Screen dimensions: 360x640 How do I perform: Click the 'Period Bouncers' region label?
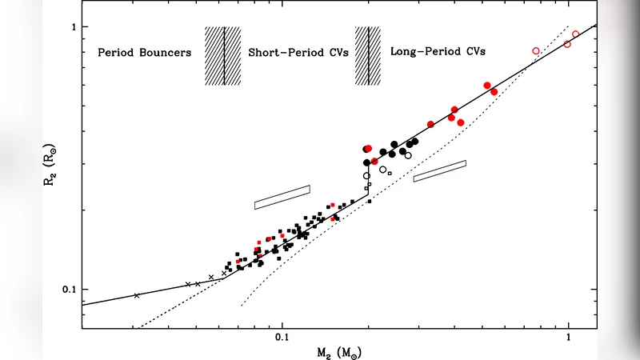click(x=144, y=54)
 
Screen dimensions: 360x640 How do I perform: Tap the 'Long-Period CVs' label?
click(x=438, y=51)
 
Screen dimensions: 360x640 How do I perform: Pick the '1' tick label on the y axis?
click(x=71, y=27)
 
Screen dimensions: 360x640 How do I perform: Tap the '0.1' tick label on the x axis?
click(x=282, y=337)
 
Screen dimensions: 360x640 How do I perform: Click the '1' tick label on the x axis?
click(x=568, y=337)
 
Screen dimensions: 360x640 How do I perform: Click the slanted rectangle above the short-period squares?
click(x=282, y=197)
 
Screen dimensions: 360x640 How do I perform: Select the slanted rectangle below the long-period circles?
click(x=439, y=171)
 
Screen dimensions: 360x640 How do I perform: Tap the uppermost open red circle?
click(x=576, y=34)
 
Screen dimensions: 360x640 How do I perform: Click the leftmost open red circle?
click(x=536, y=51)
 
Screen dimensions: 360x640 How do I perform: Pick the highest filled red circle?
click(x=487, y=86)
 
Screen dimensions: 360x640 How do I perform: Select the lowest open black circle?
click(x=366, y=176)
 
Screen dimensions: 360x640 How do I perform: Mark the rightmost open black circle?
click(x=408, y=155)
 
